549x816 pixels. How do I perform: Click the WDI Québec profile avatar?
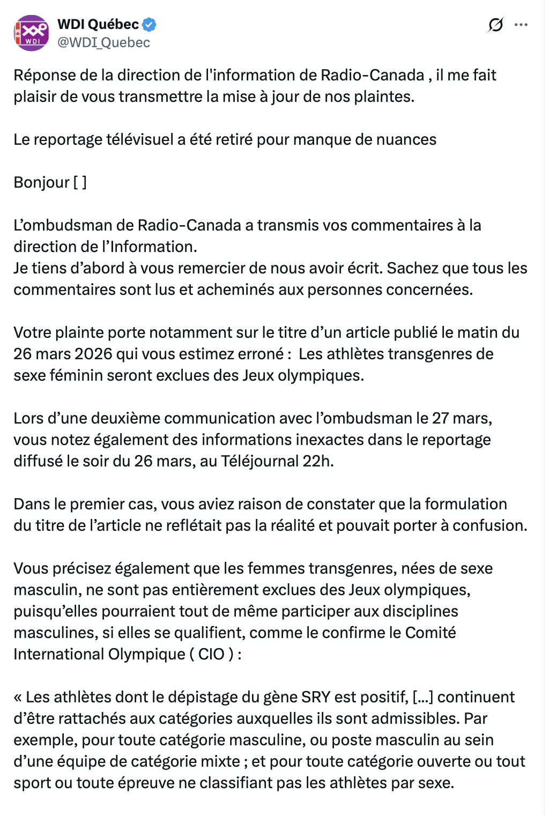[x=31, y=33]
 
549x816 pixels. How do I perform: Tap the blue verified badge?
[x=149, y=24]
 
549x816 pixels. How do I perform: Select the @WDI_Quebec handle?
[x=103, y=42]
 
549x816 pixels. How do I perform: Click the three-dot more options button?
[x=521, y=25]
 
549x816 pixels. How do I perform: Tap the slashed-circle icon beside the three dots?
[x=495, y=25]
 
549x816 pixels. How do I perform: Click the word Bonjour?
[x=41, y=182]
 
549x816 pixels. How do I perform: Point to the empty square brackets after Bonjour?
[x=80, y=182]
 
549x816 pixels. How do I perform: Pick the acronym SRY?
[x=315, y=697]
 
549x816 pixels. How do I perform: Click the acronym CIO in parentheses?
[x=211, y=654]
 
